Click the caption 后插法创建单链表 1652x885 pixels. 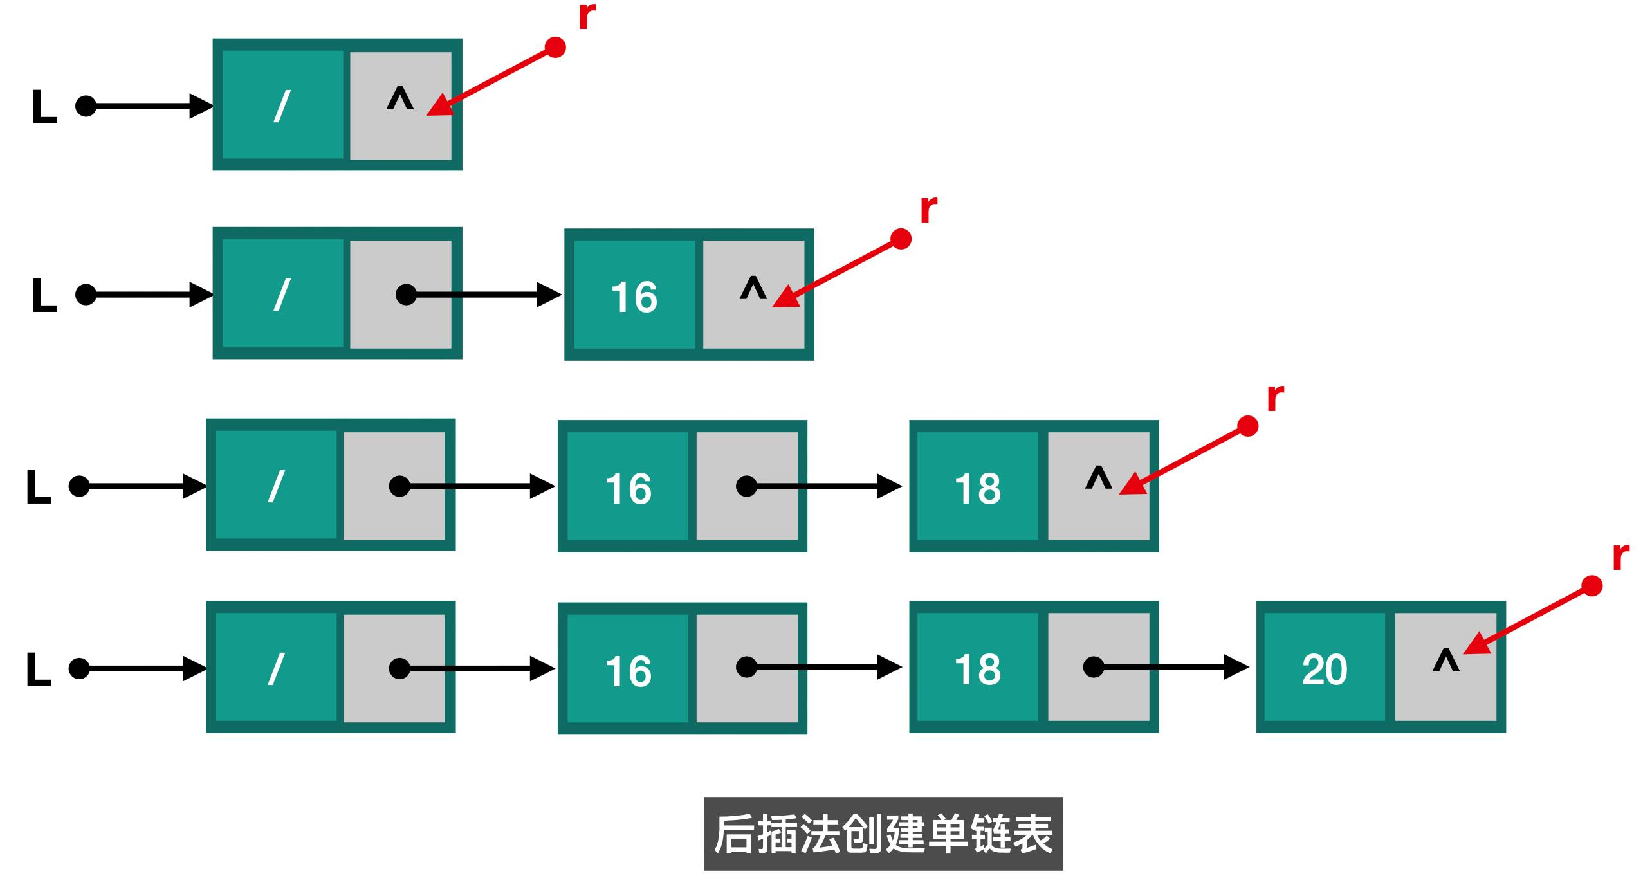coord(883,834)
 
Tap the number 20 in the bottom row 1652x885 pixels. coord(1324,670)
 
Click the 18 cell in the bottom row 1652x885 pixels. coord(977,670)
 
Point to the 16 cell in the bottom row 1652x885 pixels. coord(628,671)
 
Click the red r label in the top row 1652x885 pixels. coord(587,17)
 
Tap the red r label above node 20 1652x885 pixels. coord(1620,557)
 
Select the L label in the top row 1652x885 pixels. coord(44,107)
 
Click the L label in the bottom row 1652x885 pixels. coord(39,670)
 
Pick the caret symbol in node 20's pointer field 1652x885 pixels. coord(1445,660)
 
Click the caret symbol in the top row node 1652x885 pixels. coord(399,99)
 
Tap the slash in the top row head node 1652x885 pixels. coord(282,106)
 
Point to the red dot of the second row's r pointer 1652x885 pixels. coord(901,239)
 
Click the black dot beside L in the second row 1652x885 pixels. coord(86,295)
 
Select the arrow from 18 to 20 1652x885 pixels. coord(1171,667)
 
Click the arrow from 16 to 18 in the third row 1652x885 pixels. coord(823,486)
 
